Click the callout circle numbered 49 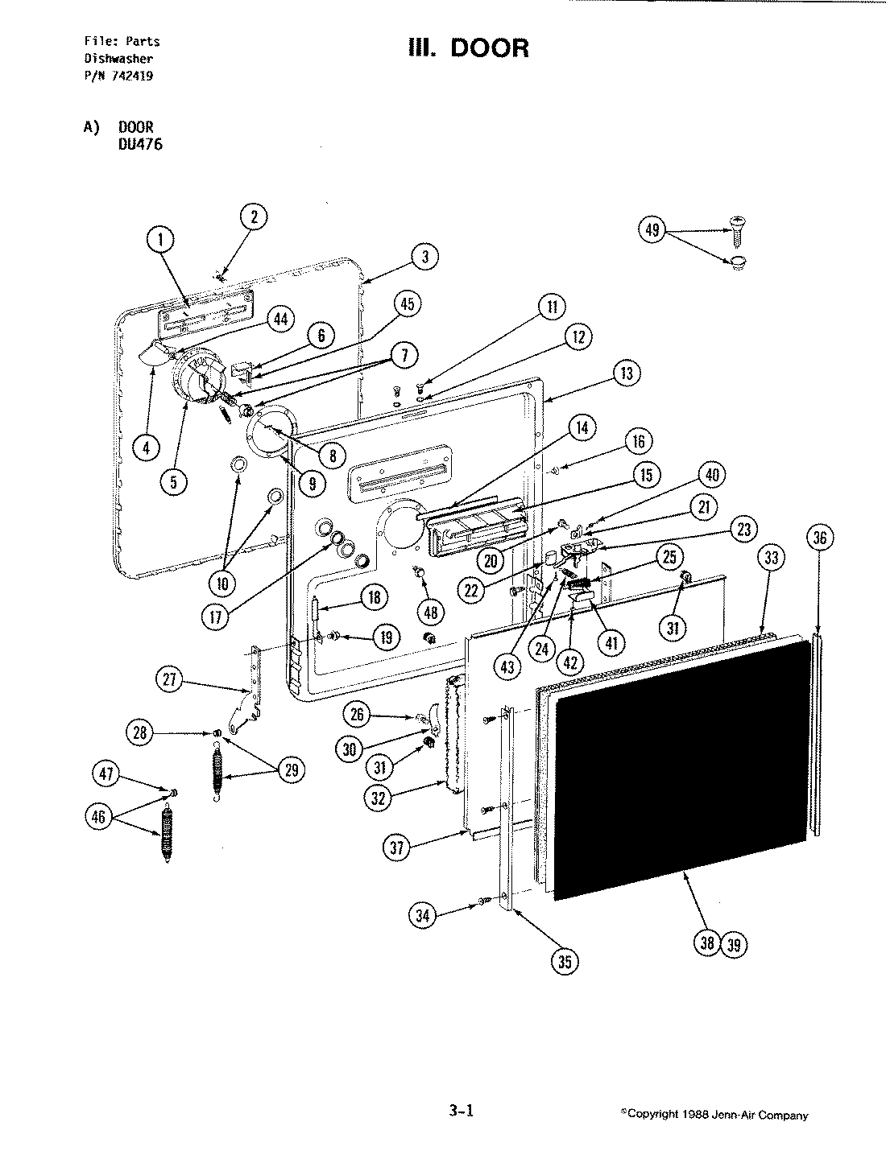[652, 231]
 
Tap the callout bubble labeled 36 [820, 538]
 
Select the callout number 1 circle [161, 239]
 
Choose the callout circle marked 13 [627, 373]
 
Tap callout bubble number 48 [432, 612]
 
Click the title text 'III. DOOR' [469, 47]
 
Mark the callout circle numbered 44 [279, 320]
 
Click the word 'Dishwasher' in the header [119, 59]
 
